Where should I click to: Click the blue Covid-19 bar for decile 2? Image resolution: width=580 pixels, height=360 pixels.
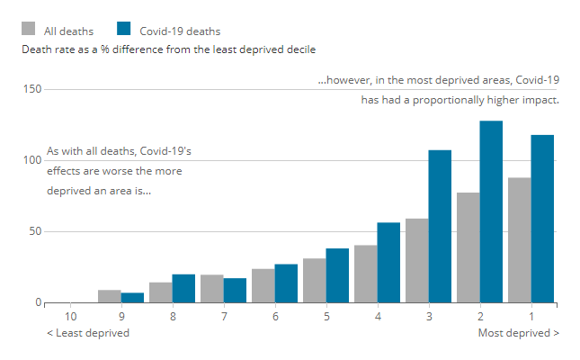491,211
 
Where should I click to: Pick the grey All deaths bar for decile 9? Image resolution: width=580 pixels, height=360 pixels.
109,296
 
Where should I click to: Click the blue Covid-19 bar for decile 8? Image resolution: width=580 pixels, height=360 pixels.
183,288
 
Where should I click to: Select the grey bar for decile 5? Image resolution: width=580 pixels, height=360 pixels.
314,280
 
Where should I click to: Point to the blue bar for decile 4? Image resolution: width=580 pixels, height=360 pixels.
388,262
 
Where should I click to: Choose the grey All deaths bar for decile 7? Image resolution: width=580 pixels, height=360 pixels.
211,288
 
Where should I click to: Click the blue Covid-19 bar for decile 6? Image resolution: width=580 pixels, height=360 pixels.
286,283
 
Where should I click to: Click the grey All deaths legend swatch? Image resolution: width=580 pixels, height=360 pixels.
31,30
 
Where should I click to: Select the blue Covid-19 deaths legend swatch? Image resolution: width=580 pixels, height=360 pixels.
125,30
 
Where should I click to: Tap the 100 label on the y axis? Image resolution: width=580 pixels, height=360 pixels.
31,160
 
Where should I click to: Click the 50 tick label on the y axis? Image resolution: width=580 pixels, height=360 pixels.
34,231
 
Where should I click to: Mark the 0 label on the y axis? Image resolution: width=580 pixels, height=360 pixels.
38,302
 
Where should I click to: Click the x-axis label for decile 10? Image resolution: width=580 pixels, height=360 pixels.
70,317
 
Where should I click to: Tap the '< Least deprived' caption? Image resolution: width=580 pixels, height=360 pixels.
88,333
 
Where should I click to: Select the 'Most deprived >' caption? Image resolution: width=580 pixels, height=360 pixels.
519,333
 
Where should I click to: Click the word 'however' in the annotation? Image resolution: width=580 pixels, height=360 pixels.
344,80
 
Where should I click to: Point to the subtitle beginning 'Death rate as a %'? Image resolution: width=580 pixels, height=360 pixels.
168,49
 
